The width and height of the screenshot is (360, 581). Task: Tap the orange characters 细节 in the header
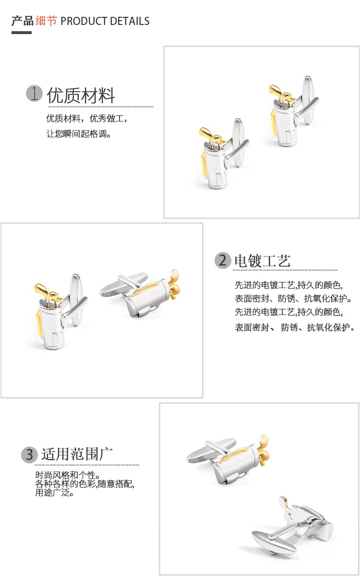click(x=47, y=21)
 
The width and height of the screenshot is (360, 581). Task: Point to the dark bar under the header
click(x=22, y=33)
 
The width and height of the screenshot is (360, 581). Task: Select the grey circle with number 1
click(x=34, y=93)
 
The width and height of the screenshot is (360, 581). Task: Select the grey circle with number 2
click(x=223, y=260)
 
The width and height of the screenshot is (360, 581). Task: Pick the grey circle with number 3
click(x=29, y=454)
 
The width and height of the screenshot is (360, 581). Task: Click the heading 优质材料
click(x=81, y=95)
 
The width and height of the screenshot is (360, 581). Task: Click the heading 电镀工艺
click(x=263, y=261)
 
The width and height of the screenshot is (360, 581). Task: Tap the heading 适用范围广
click(x=77, y=454)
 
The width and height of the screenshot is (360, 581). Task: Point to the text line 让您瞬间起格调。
click(x=79, y=134)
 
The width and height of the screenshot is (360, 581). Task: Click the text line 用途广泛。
click(x=54, y=493)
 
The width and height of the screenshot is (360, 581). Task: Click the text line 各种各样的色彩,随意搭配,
click(x=85, y=484)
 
